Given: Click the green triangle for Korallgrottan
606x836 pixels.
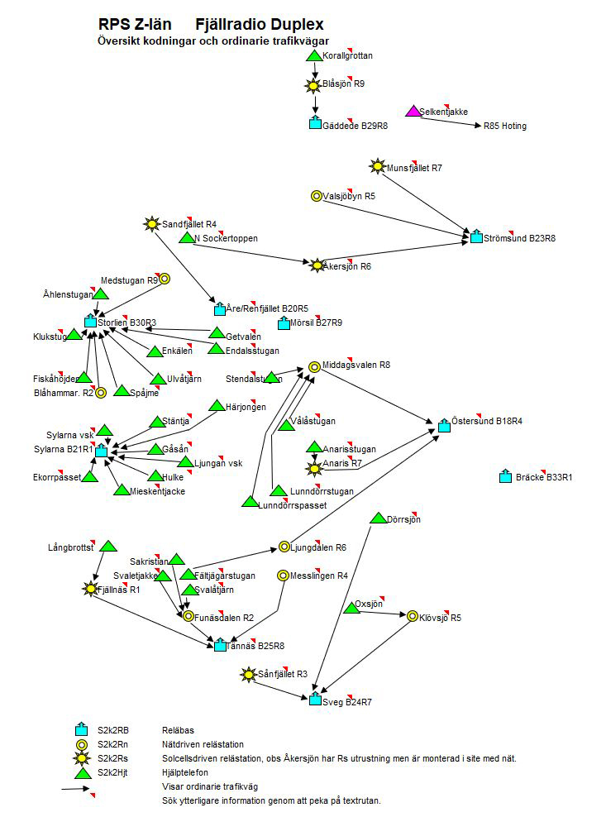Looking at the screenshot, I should click(314, 55).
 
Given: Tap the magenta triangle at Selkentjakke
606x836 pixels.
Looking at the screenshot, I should click(413, 111).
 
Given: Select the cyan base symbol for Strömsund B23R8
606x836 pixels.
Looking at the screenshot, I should click(476, 237).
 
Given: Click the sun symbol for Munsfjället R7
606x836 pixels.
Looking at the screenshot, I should click(378, 167).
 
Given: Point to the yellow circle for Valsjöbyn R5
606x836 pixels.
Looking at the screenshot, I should click(316, 196).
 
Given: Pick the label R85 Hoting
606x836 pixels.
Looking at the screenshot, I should click(505, 127).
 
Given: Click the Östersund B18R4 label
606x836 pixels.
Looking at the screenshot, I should click(487, 421).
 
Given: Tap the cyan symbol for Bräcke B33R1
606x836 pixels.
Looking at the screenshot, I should click(505, 477).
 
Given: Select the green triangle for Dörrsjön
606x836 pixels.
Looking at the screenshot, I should click(378, 518).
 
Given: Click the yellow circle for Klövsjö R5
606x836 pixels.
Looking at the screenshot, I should click(413, 616).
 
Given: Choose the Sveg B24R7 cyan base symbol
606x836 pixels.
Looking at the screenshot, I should click(315, 700).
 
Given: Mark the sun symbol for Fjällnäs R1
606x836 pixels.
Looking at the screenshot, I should click(90, 589).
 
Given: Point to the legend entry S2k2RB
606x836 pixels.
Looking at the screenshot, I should click(112, 730).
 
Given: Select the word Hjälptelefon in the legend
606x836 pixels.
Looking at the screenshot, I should click(185, 772).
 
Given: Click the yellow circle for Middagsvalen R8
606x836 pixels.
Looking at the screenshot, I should click(314, 366).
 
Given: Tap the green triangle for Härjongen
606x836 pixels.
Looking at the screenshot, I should click(217, 406).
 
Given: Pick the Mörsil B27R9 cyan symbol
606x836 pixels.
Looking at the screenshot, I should click(284, 323).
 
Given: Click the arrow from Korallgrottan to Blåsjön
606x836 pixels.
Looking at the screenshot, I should click(314, 70).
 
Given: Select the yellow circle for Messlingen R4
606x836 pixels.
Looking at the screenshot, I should click(283, 575).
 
